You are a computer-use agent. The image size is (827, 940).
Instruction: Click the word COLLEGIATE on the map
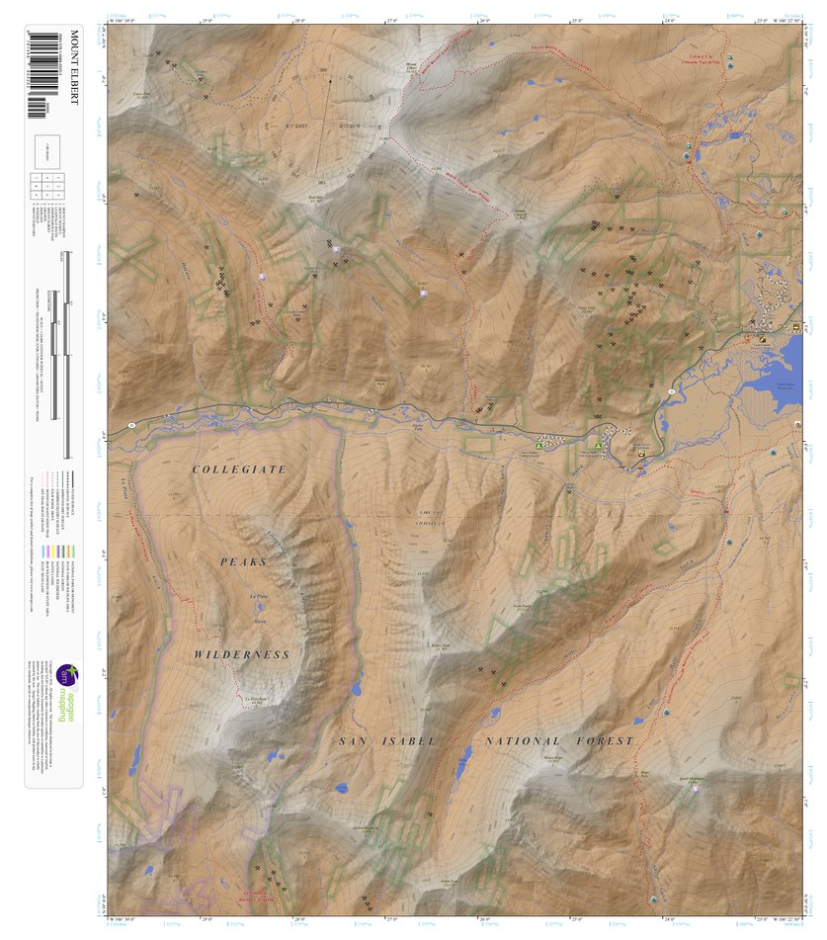coord(239,469)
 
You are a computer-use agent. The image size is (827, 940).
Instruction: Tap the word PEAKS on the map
coord(243,561)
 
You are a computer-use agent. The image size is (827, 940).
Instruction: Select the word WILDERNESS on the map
coord(242,654)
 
